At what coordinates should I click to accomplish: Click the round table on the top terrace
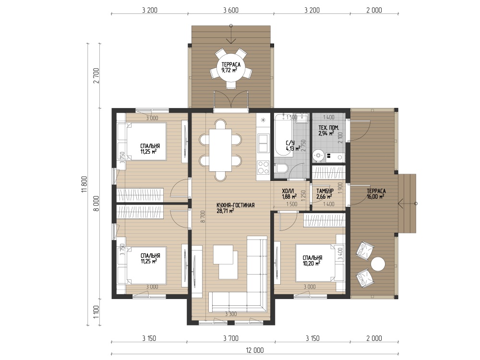point(231,68)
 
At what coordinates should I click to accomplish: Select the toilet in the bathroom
point(281,168)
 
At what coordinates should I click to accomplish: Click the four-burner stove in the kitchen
point(263,168)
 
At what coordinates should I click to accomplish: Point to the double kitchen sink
point(263,143)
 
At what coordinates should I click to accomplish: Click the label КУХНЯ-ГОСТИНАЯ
point(235,205)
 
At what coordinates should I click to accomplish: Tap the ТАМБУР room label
point(325,191)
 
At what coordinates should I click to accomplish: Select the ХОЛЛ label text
point(288,191)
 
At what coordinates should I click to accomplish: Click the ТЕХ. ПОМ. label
point(328,128)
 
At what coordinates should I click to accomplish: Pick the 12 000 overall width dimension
point(255,350)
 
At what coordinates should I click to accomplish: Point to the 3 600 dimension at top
point(231,10)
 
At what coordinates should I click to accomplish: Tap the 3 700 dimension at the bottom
point(231,338)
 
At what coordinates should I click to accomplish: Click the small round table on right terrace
point(378,264)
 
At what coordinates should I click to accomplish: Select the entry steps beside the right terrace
point(407,203)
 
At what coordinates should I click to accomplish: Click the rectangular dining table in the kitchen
point(220,150)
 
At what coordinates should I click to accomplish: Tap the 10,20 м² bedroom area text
point(312,263)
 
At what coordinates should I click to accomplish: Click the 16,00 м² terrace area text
point(376,196)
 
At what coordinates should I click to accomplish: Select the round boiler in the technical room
point(318,156)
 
